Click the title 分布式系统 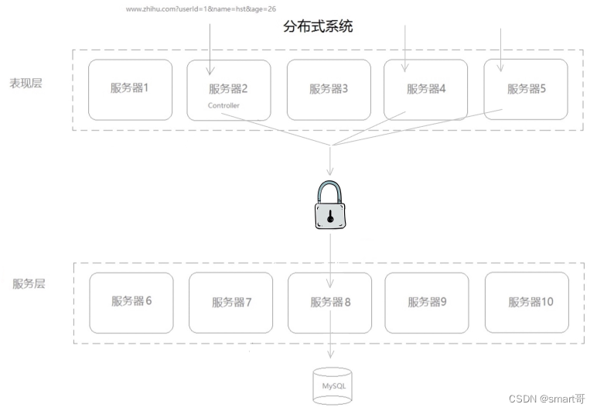click(319, 27)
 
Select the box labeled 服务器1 click(130, 89)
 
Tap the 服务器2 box click(229, 90)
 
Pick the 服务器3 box click(329, 89)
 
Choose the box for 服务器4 click(426, 89)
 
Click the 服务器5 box click(526, 89)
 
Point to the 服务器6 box click(131, 301)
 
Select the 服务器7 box click(230, 302)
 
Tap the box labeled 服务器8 click(330, 302)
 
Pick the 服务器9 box click(427, 301)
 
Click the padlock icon click(330, 204)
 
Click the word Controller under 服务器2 click(223, 105)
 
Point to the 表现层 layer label click(26, 83)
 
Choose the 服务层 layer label click(29, 283)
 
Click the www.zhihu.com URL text click(201, 9)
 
